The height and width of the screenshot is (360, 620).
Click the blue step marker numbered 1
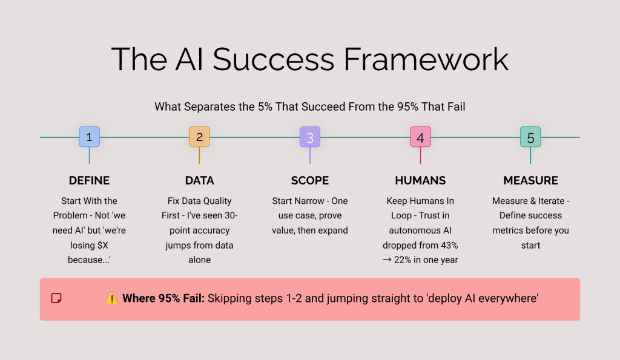point(89,137)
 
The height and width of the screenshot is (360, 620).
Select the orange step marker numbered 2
point(199,137)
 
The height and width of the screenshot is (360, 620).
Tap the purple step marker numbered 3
point(309,137)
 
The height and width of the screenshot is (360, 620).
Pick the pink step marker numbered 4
point(420,137)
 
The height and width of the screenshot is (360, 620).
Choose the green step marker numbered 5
point(530,137)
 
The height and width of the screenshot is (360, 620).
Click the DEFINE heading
point(89,180)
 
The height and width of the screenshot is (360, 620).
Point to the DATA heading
point(199,180)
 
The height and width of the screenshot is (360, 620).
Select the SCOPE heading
point(309,180)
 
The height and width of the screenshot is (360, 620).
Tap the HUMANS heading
point(420,180)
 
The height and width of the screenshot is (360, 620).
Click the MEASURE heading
point(530,180)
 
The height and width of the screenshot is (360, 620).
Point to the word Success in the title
point(273,59)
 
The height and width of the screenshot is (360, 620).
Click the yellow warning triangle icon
point(112,298)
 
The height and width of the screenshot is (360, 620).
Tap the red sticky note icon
point(56,298)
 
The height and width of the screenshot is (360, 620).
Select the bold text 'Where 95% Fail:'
point(163,298)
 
